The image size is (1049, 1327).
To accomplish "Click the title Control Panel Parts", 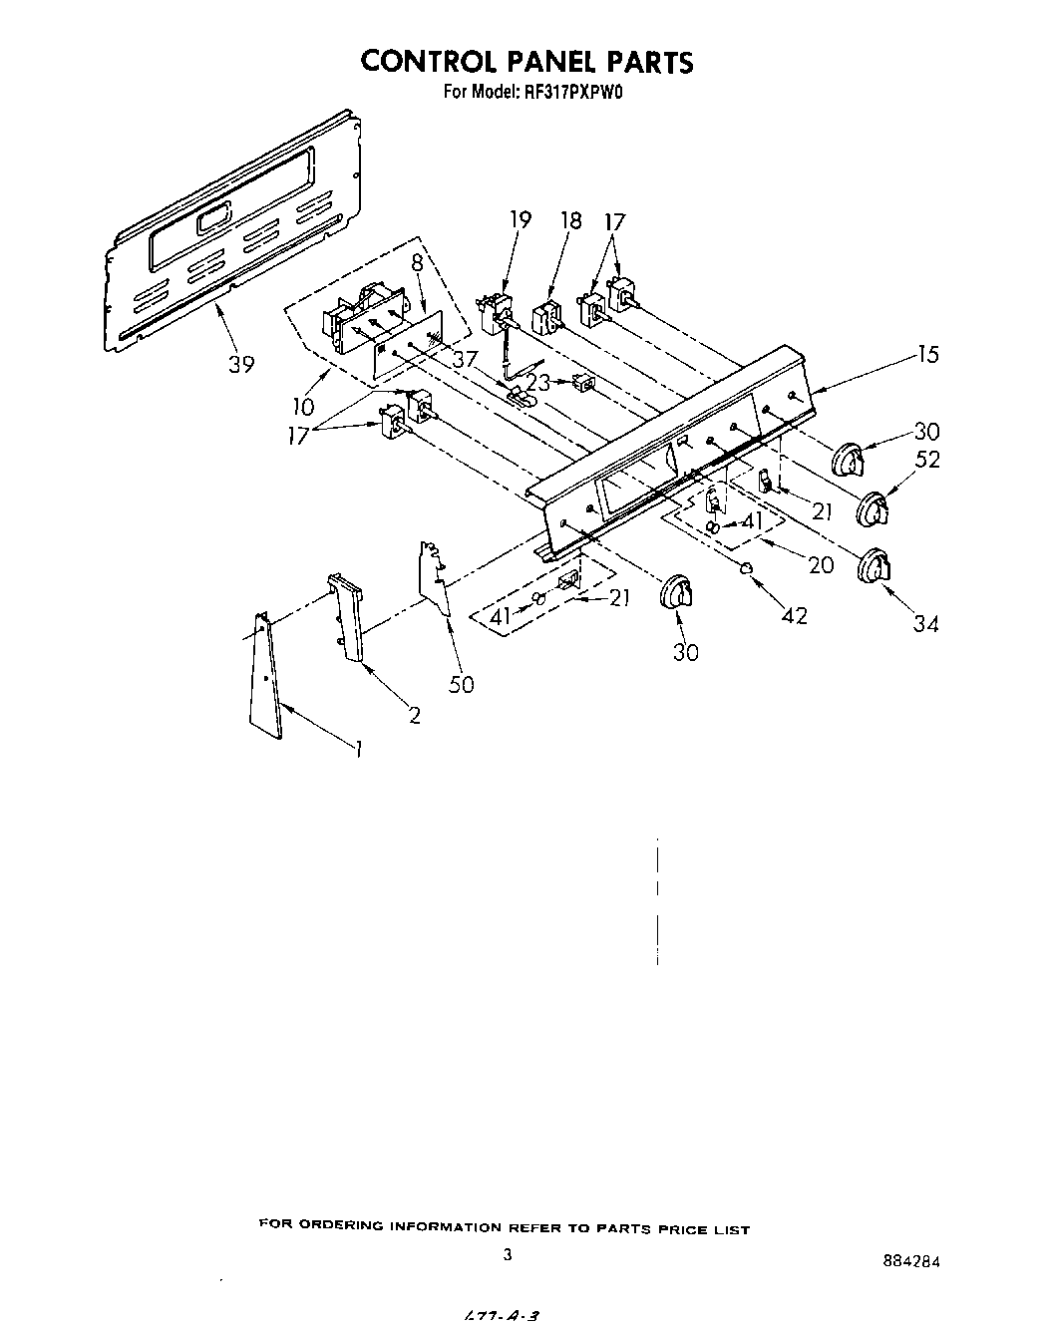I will point(525,62).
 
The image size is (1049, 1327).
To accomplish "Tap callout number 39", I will point(240,364).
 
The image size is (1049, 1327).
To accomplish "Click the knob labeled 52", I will point(872,507).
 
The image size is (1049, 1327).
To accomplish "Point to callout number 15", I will point(927,354).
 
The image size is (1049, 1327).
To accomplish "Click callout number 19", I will point(521,220).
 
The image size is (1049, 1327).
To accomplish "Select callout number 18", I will point(570,220).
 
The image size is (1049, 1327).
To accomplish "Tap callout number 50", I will point(461,684).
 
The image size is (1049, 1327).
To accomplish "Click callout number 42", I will point(794,616).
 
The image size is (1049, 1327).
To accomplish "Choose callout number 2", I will point(414,715).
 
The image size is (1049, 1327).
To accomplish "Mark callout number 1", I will point(357,750).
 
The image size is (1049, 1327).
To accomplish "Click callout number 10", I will point(303,406).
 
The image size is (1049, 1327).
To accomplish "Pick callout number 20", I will point(820,564).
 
